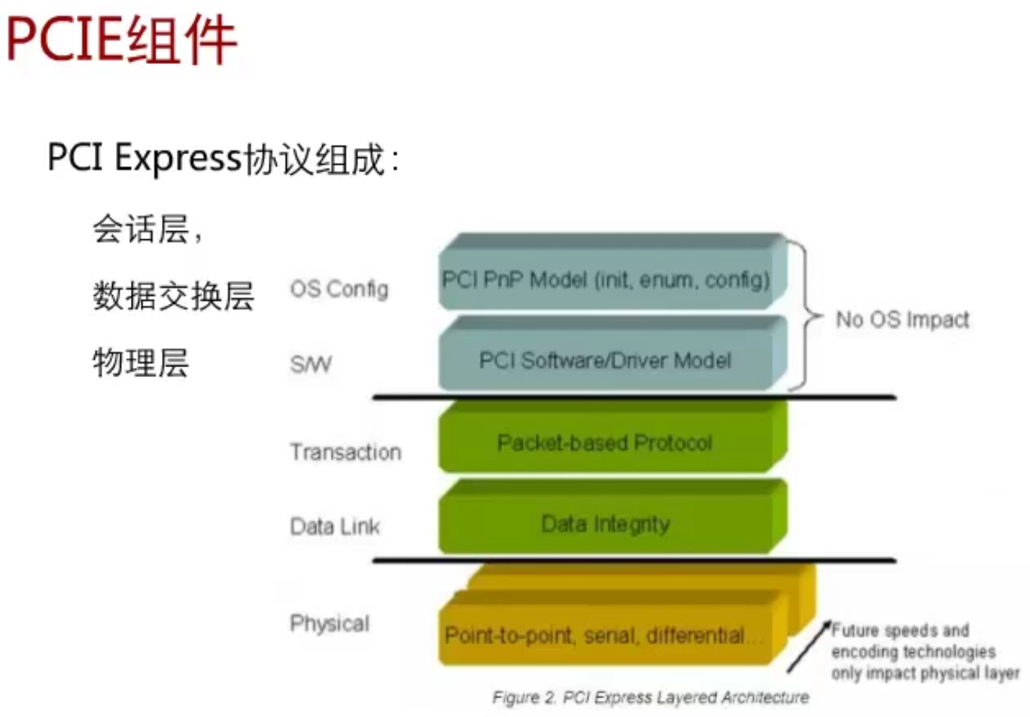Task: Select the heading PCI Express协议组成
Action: point(223,159)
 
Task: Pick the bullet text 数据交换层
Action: point(173,296)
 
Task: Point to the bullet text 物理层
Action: point(141,362)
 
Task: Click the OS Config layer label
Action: point(339,289)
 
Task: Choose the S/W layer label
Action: point(310,365)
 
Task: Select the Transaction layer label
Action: point(345,452)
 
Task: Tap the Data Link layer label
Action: point(335,526)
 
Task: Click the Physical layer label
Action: point(330,623)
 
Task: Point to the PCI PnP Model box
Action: point(606,280)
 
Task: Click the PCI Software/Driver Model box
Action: point(606,360)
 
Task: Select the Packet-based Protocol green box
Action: point(606,442)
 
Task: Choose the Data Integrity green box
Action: point(606,524)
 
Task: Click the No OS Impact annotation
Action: point(902,320)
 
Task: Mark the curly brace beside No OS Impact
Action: point(806,315)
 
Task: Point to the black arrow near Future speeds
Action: point(809,647)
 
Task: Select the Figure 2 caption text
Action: point(651,697)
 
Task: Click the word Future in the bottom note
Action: point(855,630)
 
